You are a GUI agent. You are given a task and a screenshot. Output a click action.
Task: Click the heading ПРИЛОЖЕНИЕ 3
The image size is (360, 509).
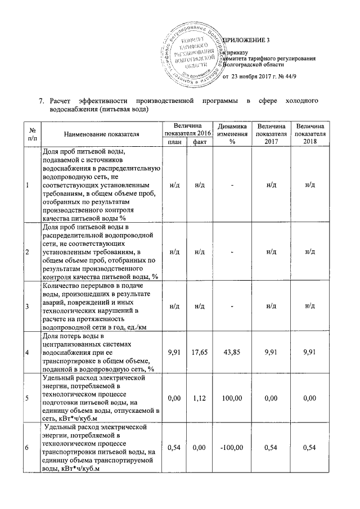click(247, 39)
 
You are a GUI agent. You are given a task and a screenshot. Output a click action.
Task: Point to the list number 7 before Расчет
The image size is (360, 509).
click(40, 101)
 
